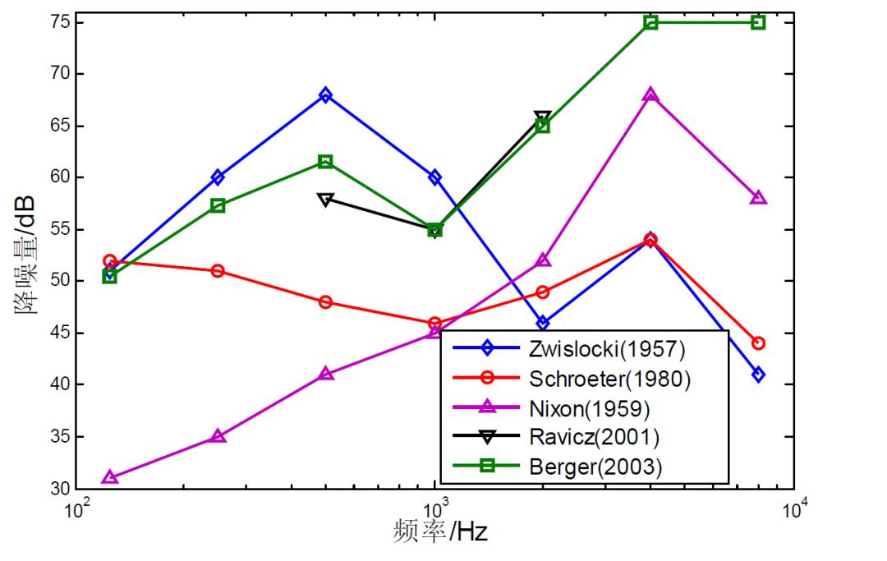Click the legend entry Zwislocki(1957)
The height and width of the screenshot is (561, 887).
(601, 348)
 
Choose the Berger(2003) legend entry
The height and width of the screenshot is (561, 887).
(591, 467)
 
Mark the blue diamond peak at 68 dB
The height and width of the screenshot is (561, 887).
(326, 95)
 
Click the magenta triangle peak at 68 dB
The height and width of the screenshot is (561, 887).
(650, 95)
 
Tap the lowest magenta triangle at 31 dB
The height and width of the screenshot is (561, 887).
(109, 477)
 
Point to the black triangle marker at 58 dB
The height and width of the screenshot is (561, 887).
(326, 199)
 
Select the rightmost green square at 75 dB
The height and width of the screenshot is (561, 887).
(758, 22)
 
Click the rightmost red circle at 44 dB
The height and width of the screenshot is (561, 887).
(758, 343)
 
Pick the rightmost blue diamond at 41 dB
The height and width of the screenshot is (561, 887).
(758, 375)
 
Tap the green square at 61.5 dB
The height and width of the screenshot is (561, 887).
(326, 162)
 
